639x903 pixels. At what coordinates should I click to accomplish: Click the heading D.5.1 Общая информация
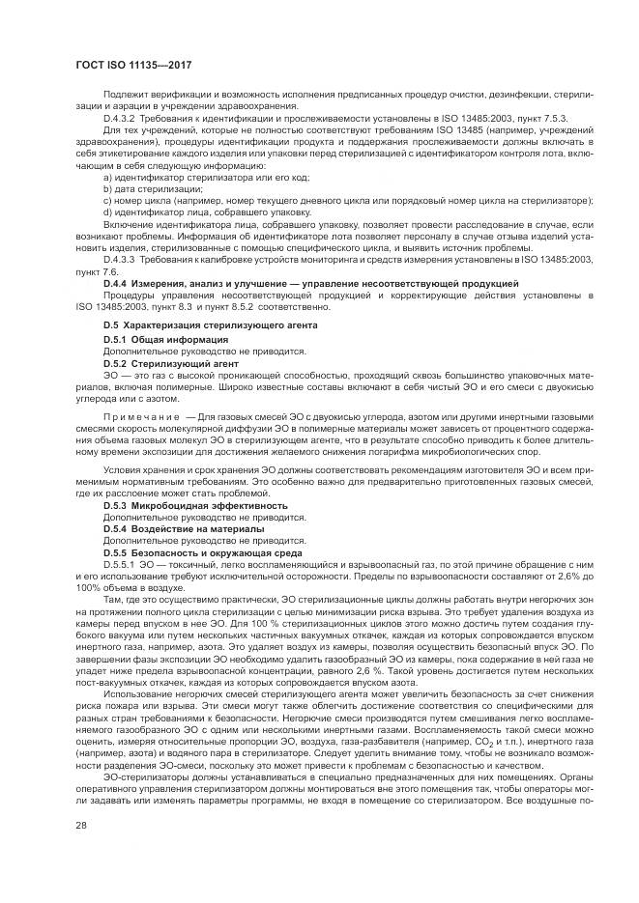click(x=165, y=341)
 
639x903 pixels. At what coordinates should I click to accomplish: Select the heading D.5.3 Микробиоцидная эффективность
click(x=194, y=505)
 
